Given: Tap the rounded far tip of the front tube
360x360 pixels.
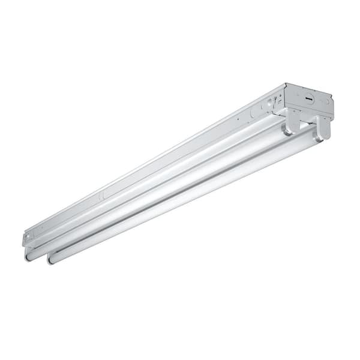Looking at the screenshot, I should [x=50, y=260].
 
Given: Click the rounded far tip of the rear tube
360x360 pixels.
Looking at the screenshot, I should [x=28, y=256].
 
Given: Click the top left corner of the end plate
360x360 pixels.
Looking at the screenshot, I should [x=287, y=85].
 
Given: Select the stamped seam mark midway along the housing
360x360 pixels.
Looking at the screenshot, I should [x=101, y=195].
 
